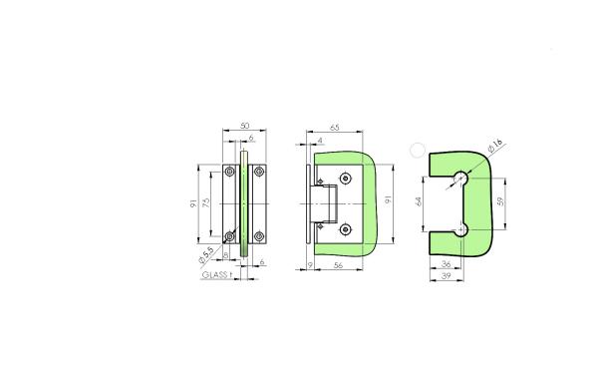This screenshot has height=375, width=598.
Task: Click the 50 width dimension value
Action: point(245,128)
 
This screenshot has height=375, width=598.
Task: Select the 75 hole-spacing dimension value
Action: point(206,202)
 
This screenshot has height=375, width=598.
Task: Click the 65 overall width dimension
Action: point(334,129)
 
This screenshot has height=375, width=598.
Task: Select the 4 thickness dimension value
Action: point(318,141)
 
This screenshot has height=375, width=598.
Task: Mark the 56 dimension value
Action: point(339,264)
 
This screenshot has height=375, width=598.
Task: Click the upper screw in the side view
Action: point(345,180)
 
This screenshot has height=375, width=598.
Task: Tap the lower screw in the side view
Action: point(345,230)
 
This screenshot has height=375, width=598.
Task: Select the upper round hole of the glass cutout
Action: point(462,179)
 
